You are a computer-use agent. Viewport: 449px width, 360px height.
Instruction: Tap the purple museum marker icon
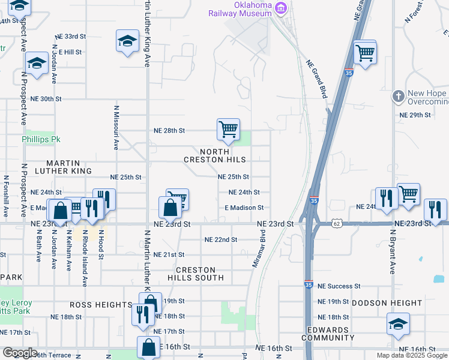[x=280, y=8]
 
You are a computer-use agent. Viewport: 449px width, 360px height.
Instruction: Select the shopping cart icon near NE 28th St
[x=228, y=129]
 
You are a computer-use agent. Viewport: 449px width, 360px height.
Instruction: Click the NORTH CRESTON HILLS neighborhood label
[x=215, y=155]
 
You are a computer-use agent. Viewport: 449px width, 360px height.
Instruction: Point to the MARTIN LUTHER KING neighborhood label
[x=68, y=167]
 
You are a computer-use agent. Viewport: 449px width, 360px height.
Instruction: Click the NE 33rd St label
[x=70, y=37]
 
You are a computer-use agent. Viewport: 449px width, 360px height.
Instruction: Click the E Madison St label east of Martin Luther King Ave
[x=244, y=208]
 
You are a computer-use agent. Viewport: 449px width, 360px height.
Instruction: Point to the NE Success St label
[x=339, y=287]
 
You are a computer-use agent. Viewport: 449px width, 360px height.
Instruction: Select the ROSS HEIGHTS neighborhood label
[x=101, y=305]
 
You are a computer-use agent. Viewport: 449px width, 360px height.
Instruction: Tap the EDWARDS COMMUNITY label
[x=327, y=334]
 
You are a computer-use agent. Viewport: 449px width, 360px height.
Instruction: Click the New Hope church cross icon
[x=397, y=96]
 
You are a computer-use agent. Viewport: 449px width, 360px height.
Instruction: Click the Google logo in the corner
[x=19, y=353]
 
